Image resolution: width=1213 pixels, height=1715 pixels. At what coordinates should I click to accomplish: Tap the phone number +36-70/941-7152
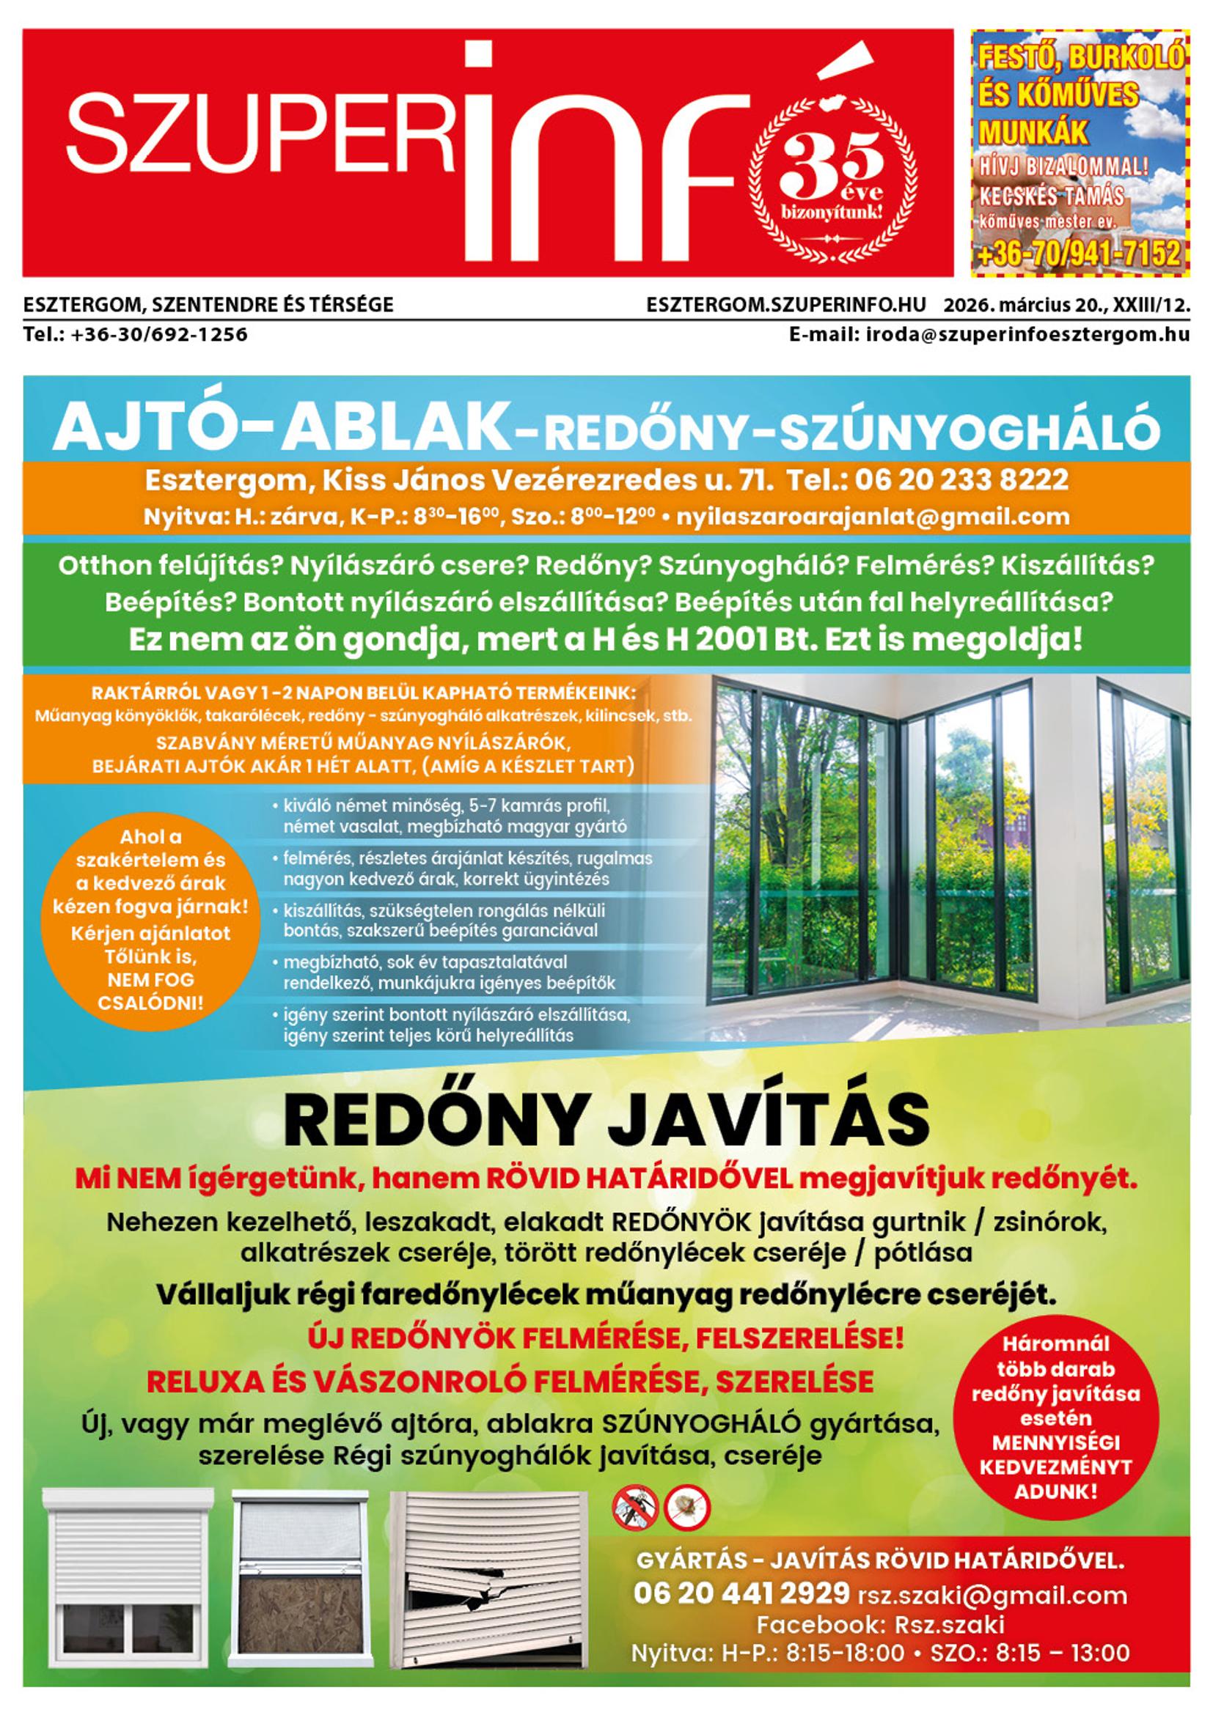point(1080,254)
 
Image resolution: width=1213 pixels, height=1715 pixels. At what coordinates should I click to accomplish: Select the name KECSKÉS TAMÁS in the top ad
point(1052,196)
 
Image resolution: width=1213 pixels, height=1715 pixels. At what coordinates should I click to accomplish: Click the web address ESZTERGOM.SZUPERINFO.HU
point(785,305)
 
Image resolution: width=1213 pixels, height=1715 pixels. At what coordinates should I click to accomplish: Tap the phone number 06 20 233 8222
point(962,479)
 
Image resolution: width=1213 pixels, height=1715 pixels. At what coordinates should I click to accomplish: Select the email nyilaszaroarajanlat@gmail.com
point(872,516)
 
